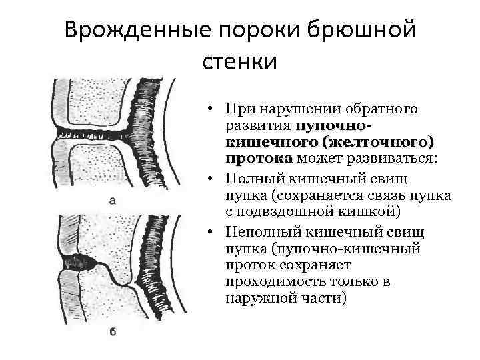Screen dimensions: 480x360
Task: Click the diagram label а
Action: tap(112, 199)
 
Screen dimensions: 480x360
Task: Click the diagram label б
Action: tap(112, 331)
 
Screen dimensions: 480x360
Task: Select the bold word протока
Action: tap(259, 158)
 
